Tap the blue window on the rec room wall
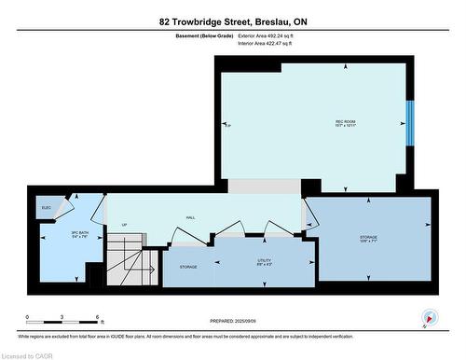click(408, 123)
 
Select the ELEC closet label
click(46, 206)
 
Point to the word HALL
click(190, 216)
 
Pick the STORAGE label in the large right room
click(368, 239)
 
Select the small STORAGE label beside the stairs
click(188, 268)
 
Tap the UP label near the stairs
click(123, 225)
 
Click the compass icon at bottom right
click(430, 316)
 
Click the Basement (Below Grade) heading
click(204, 35)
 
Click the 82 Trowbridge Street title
click(233, 19)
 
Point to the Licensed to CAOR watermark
click(30, 354)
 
